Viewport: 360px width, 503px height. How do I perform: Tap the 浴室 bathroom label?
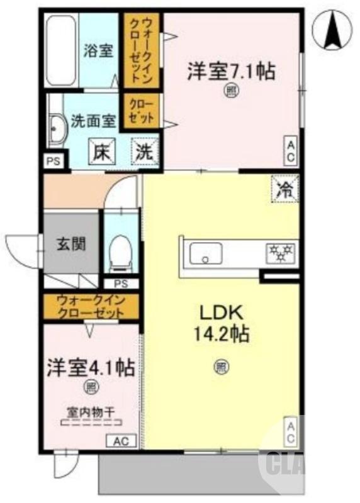(x=98, y=51)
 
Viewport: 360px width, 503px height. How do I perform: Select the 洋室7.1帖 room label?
(x=230, y=71)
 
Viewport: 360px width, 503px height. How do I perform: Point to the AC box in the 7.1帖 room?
(x=291, y=151)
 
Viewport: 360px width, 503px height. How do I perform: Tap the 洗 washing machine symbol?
(x=145, y=152)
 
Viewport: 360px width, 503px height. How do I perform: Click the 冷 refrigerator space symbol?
(x=285, y=189)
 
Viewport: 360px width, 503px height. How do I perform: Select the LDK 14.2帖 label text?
(x=220, y=323)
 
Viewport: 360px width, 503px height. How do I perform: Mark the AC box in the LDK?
(x=291, y=433)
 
